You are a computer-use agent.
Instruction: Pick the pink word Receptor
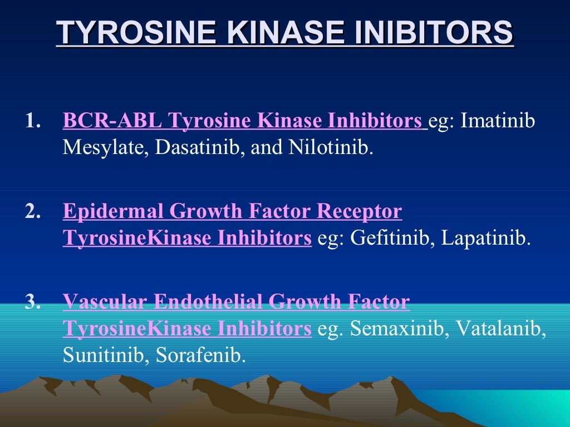(358, 212)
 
